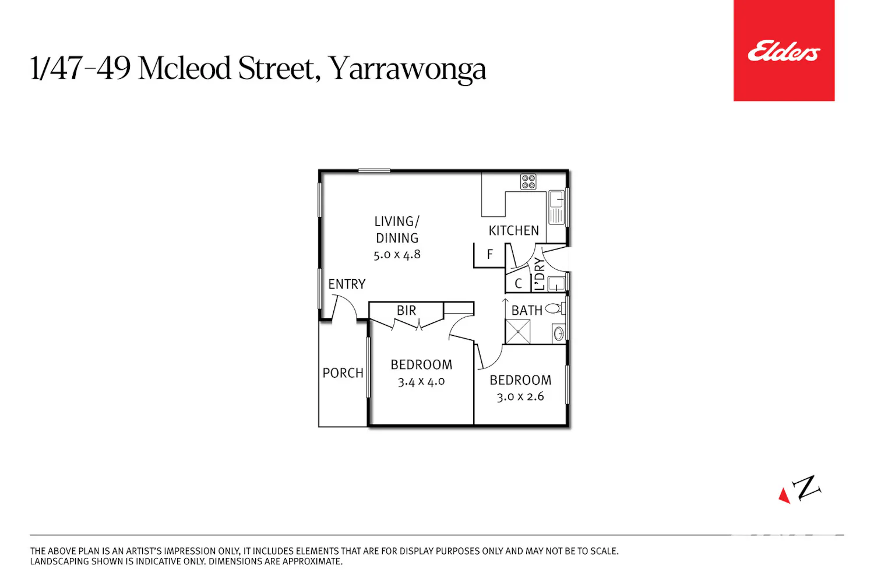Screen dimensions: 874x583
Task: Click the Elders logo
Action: click(x=784, y=50)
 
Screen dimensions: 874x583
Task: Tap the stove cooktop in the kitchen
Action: click(x=528, y=182)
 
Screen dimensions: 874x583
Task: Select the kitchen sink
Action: click(x=556, y=208)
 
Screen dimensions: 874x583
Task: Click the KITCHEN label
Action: click(x=513, y=231)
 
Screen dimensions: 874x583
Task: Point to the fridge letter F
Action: click(x=490, y=255)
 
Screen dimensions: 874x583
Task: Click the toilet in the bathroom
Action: click(x=555, y=308)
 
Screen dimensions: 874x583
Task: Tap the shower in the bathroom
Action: click(x=518, y=332)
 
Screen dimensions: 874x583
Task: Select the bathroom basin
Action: click(x=559, y=333)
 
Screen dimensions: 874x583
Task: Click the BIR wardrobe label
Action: click(x=406, y=310)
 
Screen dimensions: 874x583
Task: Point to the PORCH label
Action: click(x=343, y=373)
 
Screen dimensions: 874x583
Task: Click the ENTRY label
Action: click(x=347, y=284)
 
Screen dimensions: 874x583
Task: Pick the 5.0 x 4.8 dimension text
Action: click(x=397, y=255)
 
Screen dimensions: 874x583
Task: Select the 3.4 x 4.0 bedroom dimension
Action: click(x=421, y=381)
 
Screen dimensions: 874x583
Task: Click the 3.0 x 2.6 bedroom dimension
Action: click(x=520, y=396)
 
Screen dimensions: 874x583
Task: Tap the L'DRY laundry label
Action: click(x=539, y=274)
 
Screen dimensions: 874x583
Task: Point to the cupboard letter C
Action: click(x=518, y=283)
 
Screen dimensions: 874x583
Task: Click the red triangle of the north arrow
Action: click(x=784, y=496)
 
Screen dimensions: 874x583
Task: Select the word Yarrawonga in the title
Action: click(x=407, y=69)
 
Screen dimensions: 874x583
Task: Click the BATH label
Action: click(x=527, y=310)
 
